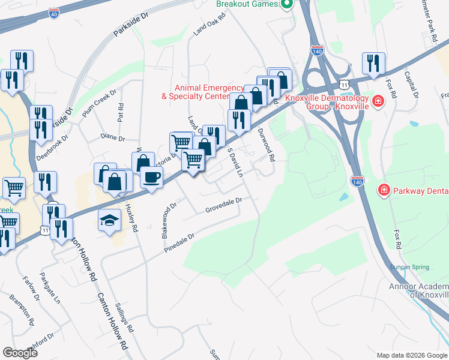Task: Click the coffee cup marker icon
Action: [151, 177]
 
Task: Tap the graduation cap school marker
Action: [109, 220]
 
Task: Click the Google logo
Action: [20, 353]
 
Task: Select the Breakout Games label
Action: [248, 4]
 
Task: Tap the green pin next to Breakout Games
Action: [287, 4]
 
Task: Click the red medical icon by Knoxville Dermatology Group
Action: [378, 101]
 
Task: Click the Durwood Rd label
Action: [266, 145]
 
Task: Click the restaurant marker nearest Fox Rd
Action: [373, 64]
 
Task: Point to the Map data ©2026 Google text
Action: [411, 355]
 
